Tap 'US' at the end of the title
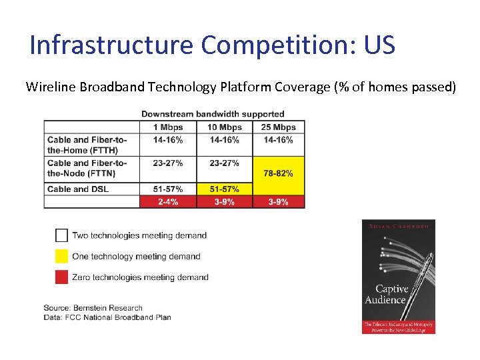(379, 45)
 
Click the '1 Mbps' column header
(168, 127)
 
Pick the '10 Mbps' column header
(225, 127)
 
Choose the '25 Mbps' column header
(279, 127)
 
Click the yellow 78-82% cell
(279, 173)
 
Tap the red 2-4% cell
(168, 202)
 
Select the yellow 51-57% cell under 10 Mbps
(225, 189)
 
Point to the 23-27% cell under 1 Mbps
(168, 163)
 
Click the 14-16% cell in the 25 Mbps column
(279, 140)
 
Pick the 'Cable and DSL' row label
(78, 189)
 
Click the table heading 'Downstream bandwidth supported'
(213, 114)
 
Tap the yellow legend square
(61, 256)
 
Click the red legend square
(61, 277)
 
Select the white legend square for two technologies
(61, 235)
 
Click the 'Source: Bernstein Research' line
(93, 308)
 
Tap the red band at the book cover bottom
(399, 327)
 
